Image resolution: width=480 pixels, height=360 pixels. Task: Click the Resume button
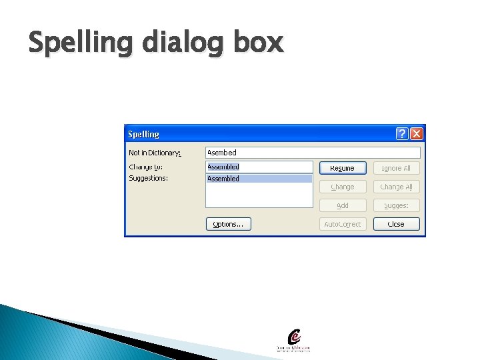click(x=343, y=168)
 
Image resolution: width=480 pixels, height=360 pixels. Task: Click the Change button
click(x=343, y=187)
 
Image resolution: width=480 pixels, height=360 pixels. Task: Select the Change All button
click(x=396, y=187)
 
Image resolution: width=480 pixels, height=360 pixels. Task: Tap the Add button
click(x=343, y=205)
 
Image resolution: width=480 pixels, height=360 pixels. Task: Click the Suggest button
click(x=396, y=205)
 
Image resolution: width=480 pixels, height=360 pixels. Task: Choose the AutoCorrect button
click(x=343, y=224)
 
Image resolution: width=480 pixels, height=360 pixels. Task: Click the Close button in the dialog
click(x=396, y=224)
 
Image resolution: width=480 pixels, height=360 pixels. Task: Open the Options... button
click(x=228, y=224)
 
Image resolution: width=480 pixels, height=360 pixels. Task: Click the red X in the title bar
click(x=417, y=134)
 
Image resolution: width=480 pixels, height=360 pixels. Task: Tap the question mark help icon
click(x=402, y=134)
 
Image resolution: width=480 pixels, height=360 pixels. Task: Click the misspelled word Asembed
click(x=222, y=153)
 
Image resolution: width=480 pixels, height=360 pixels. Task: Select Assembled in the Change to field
click(x=223, y=167)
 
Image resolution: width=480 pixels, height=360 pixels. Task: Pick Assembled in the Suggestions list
click(x=223, y=179)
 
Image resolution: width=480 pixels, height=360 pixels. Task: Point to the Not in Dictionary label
click(x=155, y=153)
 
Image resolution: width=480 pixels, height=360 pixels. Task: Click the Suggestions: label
click(x=148, y=178)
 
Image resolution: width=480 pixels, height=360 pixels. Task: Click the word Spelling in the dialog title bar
click(x=143, y=134)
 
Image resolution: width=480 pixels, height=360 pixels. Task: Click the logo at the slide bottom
click(x=293, y=340)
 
